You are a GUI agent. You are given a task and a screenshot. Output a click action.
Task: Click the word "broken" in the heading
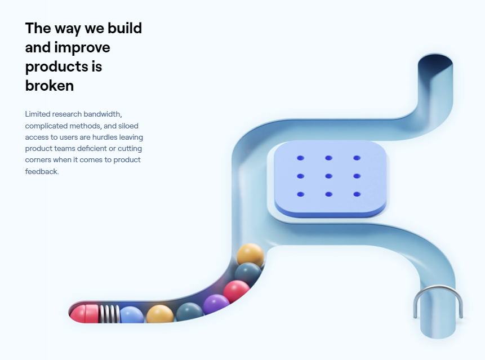[50, 86]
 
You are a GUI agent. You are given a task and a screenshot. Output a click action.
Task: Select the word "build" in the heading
[124, 28]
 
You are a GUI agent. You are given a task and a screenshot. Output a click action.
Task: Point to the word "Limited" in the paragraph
[38, 114]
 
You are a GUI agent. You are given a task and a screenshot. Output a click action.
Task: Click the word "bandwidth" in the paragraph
[102, 114]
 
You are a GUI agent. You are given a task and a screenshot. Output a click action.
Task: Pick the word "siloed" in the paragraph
[128, 126]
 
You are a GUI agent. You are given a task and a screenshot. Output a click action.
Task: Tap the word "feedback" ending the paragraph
[42, 171]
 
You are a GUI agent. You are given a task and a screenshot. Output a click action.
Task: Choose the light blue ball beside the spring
[132, 315]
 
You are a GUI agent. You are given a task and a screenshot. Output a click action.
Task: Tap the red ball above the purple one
[237, 291]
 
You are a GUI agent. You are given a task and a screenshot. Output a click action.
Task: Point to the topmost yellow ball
[251, 255]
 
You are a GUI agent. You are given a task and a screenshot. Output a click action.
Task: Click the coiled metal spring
[109, 314]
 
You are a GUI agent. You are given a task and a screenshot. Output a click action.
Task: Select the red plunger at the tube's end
[84, 314]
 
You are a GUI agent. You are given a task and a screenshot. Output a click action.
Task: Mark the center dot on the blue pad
[329, 176]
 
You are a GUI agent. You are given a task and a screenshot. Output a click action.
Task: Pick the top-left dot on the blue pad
[300, 158]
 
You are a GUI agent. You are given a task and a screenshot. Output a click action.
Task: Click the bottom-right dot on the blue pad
[357, 194]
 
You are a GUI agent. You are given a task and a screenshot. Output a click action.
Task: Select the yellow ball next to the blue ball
[160, 314]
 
